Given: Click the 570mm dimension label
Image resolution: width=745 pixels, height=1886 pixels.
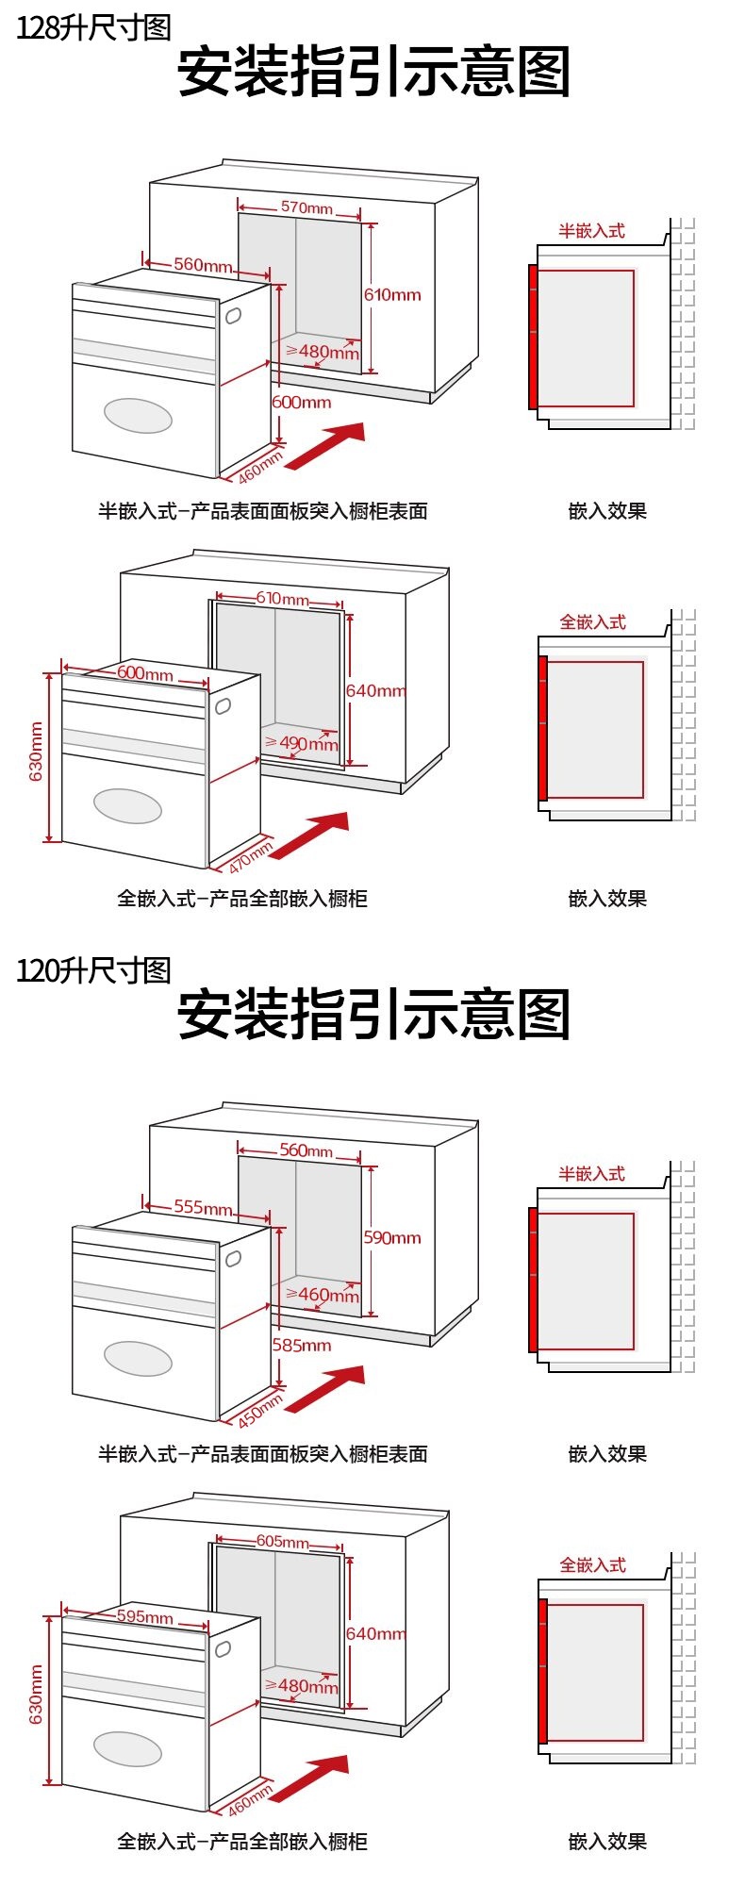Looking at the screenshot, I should [306, 207].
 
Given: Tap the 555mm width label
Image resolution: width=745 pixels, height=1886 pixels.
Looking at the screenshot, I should [203, 1207].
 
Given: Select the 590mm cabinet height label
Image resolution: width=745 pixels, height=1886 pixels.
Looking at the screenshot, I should [392, 1237].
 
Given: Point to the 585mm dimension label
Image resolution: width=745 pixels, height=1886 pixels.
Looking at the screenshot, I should [302, 1345].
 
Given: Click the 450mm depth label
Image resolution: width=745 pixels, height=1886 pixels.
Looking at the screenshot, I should [259, 1411].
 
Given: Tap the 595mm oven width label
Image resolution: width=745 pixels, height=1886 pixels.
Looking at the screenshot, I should [144, 1616].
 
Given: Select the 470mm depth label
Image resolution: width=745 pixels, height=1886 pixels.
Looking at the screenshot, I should [250, 857].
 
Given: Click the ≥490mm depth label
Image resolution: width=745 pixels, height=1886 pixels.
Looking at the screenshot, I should [302, 743].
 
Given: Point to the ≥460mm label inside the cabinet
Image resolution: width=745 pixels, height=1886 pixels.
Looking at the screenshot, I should [323, 1295].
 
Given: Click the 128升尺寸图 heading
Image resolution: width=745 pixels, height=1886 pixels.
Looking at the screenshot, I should [93, 28].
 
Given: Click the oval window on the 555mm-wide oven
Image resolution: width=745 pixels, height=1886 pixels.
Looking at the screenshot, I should [138, 1358].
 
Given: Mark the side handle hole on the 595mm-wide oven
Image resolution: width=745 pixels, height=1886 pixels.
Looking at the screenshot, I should [223, 1649].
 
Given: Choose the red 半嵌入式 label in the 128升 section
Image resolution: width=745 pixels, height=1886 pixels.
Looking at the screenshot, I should [591, 231].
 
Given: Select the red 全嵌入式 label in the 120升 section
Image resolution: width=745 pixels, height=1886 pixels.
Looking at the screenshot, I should [592, 1565].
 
